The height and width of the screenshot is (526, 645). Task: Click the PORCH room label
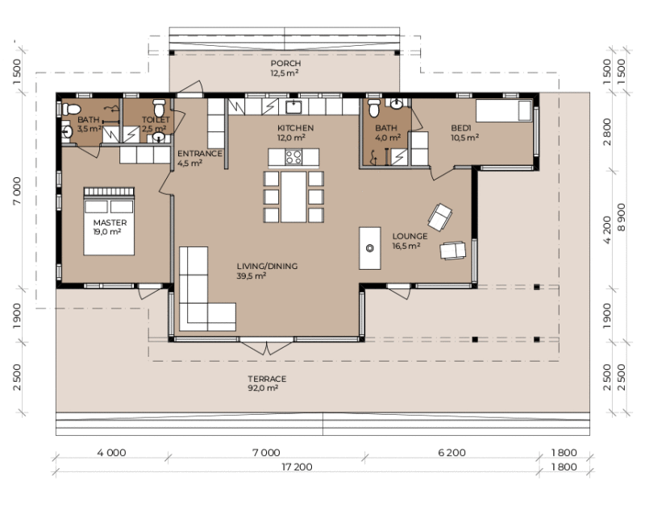[x=285, y=64]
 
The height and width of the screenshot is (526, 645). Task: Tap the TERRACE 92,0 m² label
[x=267, y=383]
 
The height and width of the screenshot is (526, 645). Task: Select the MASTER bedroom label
[x=110, y=222]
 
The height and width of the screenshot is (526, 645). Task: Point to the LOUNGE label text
[x=410, y=236]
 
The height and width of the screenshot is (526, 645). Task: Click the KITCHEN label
[x=295, y=128]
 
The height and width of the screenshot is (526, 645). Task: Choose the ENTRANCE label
[x=199, y=154]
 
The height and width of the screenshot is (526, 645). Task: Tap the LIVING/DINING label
[x=267, y=267]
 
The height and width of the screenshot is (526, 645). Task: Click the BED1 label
[x=460, y=128]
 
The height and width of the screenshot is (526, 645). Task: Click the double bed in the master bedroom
[x=109, y=221]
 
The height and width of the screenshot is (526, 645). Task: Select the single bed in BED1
[x=504, y=110]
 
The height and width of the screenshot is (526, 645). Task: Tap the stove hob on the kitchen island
[x=293, y=157]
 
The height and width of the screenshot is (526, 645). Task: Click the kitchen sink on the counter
[x=293, y=107]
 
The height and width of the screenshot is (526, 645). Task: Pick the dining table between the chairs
[x=293, y=197]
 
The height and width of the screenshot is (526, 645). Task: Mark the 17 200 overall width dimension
[x=297, y=467]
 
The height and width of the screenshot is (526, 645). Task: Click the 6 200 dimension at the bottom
[x=451, y=453]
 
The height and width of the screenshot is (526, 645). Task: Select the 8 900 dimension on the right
[x=621, y=217]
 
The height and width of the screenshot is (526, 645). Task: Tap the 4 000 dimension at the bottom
[x=111, y=453]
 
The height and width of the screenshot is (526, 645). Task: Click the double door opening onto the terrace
[x=267, y=347]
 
